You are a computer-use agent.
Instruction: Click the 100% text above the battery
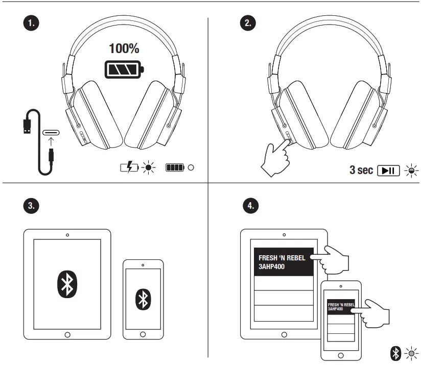pos(124,50)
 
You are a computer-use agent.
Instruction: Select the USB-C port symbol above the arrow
pos(51,134)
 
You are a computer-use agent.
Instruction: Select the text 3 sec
pos(361,170)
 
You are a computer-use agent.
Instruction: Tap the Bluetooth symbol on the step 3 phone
pos(143,298)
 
